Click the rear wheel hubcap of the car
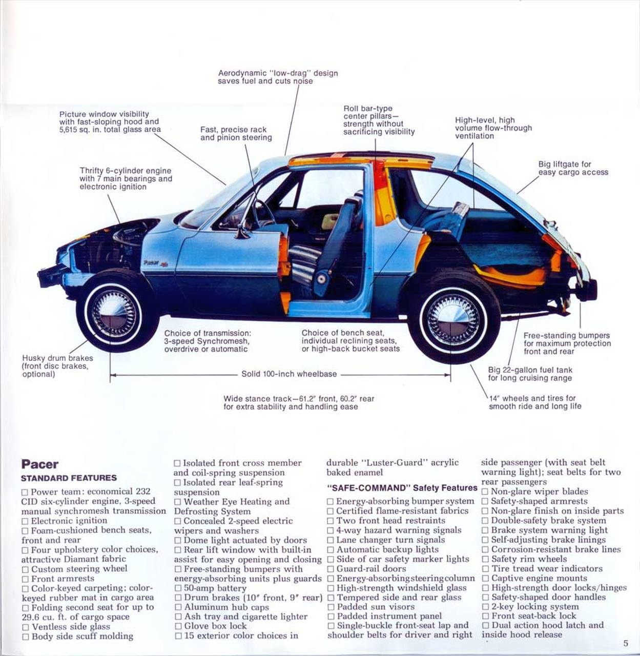(452, 319)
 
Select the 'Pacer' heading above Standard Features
(40, 464)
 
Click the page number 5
(626, 643)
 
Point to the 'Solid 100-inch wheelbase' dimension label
(289, 374)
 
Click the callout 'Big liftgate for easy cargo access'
(573, 168)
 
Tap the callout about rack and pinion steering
(236, 133)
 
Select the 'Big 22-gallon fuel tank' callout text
(530, 374)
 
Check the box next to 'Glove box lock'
(178, 626)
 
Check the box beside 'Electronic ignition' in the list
(25, 522)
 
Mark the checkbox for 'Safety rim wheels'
(485, 559)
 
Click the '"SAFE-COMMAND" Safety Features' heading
(402, 488)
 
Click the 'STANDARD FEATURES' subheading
(69, 478)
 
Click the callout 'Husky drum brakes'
(57, 366)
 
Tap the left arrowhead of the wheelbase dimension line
(113, 375)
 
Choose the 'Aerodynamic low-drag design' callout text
(278, 77)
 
